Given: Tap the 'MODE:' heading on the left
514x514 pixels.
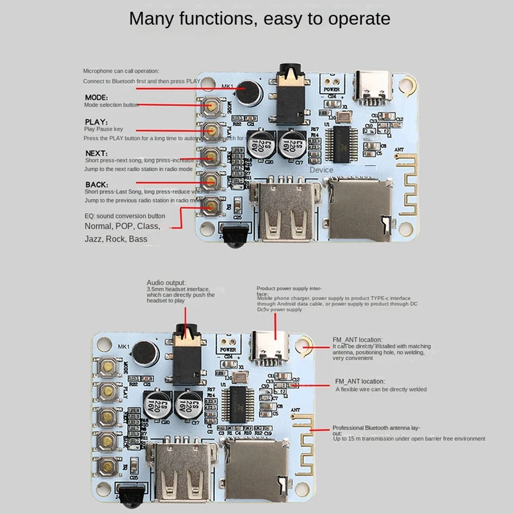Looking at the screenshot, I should (96, 98).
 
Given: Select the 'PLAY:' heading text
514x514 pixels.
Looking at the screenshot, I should (96, 121).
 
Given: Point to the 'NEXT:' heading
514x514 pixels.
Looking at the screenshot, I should (96, 152).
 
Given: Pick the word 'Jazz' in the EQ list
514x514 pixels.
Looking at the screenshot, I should (94, 239).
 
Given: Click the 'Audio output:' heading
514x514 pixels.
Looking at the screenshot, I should (166, 282).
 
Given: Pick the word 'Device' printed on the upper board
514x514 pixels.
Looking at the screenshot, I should (321, 170).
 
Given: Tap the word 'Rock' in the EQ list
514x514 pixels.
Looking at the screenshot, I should (116, 239).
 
